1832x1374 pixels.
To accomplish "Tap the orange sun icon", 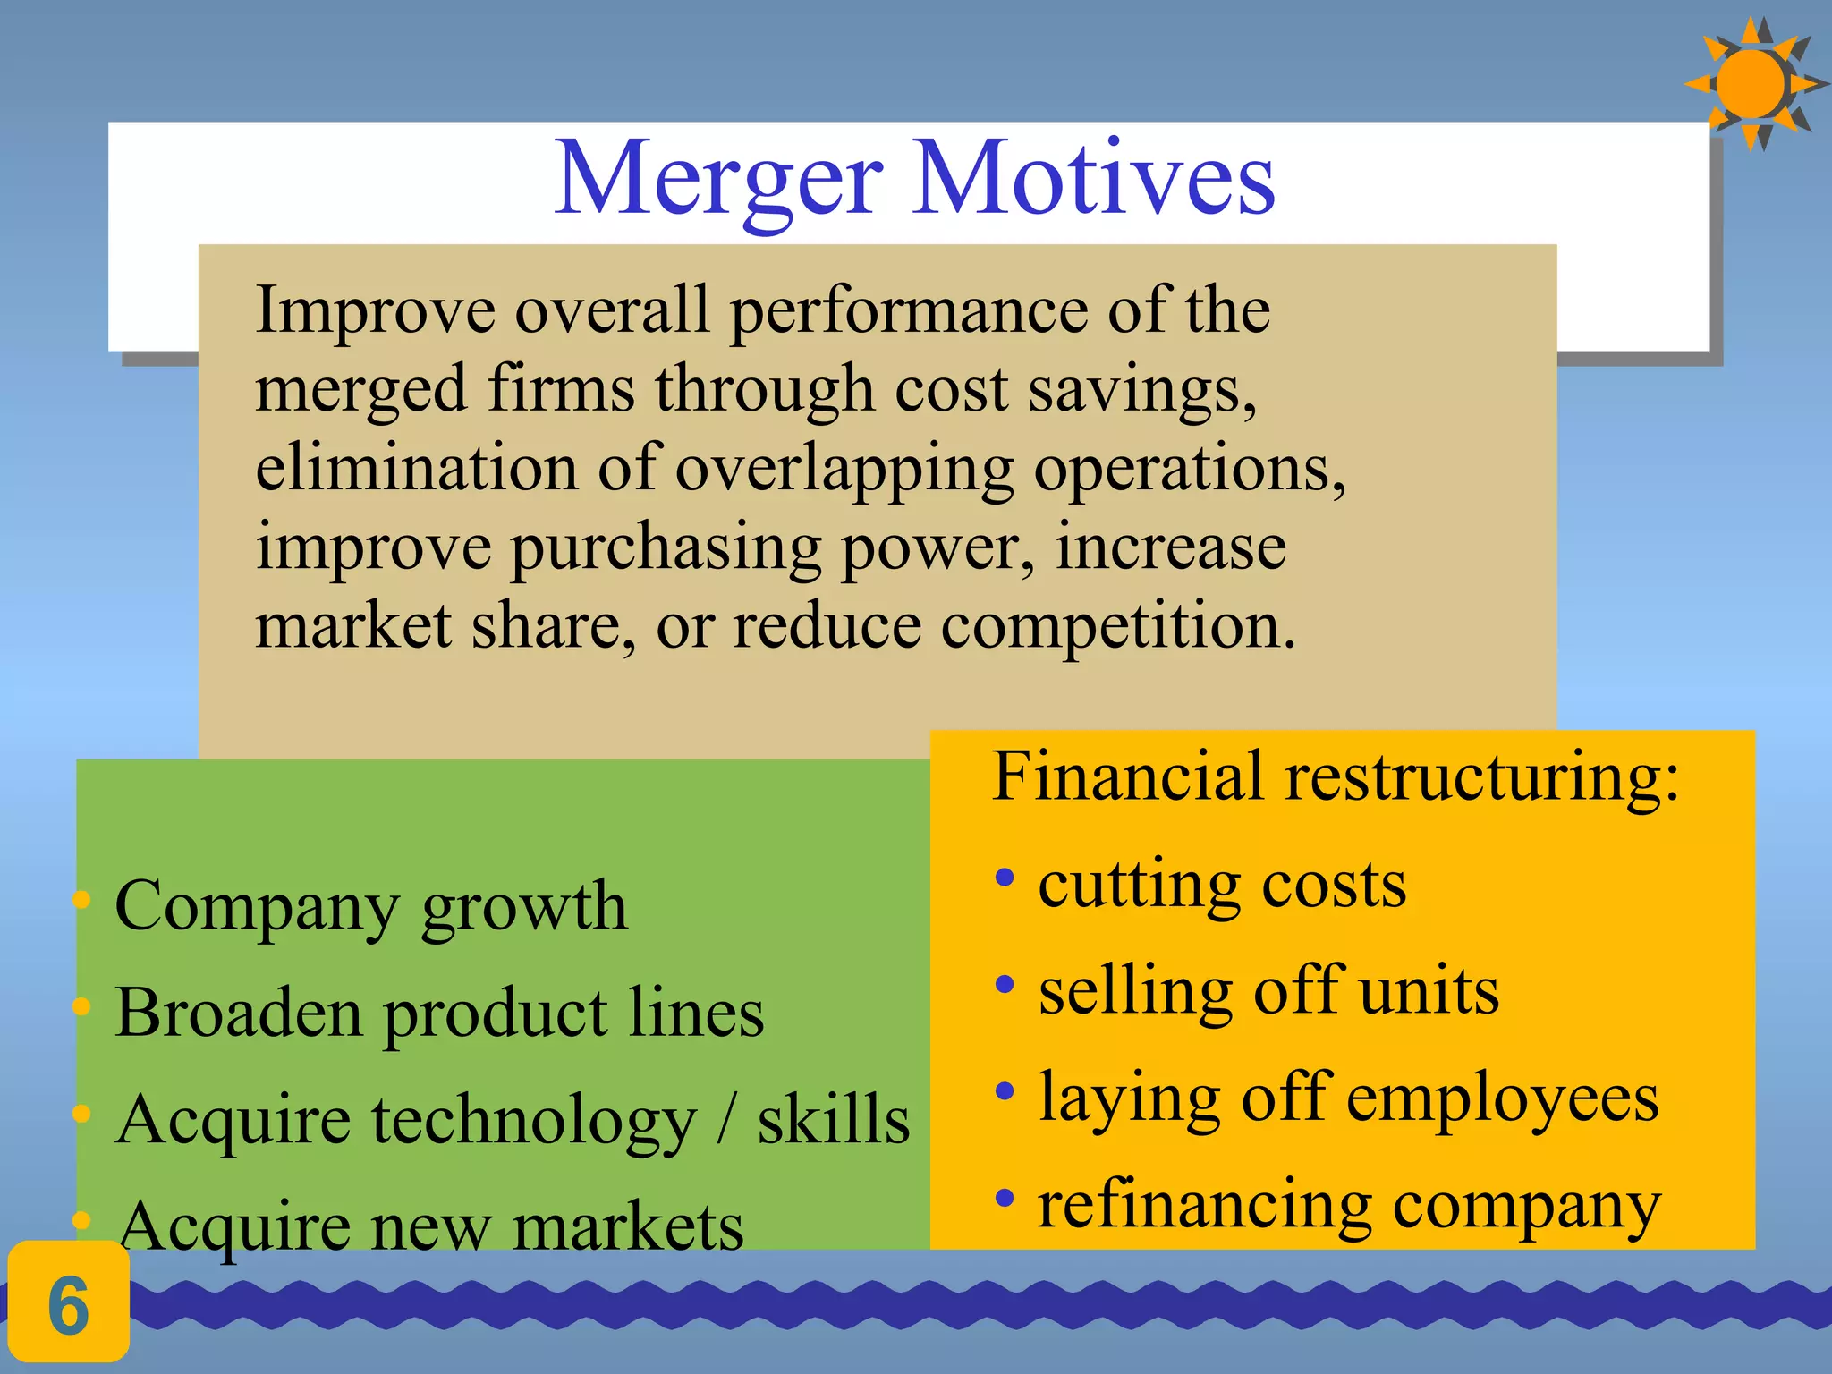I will click(1751, 83).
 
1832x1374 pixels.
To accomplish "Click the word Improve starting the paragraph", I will click(375, 310).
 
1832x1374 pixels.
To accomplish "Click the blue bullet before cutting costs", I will click(1005, 878).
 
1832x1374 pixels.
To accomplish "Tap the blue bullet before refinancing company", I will click(1005, 1197).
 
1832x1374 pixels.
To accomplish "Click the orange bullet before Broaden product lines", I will click(81, 1007).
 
